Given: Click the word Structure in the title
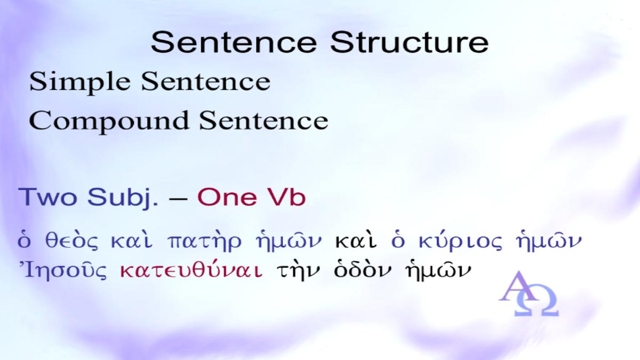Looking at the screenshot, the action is (x=409, y=42).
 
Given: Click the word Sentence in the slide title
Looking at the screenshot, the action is (x=234, y=42).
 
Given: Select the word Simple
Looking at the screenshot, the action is (x=80, y=82).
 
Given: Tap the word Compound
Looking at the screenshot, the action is (x=109, y=122).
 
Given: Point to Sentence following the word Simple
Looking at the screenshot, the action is (x=206, y=82).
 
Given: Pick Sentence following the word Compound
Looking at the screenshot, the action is (x=263, y=121).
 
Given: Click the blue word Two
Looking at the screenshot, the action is (x=47, y=197).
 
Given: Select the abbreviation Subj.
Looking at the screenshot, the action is (x=123, y=198).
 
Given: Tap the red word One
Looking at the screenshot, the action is (x=227, y=197).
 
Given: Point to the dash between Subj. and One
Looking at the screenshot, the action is (x=178, y=198).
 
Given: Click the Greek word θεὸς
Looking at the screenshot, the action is (x=71, y=242).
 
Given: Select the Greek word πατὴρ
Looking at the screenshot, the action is (x=204, y=242).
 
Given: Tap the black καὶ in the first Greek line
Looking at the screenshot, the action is (x=356, y=241).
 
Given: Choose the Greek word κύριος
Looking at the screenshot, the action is (x=460, y=242).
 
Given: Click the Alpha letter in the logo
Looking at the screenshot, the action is (x=518, y=286).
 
